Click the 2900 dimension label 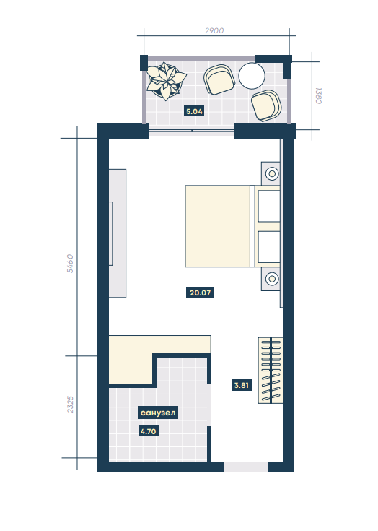(x=214, y=30)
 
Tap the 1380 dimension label (x=319, y=96)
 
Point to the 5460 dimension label (x=70, y=264)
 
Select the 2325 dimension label (x=70, y=405)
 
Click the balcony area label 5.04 (x=194, y=111)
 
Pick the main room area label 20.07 (x=200, y=293)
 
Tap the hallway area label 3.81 (x=242, y=385)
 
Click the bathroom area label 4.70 (x=149, y=431)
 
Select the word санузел (x=158, y=413)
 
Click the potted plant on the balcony (x=166, y=81)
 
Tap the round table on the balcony (x=252, y=76)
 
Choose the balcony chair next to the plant (x=219, y=79)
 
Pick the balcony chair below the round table (x=266, y=105)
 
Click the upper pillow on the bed (x=269, y=206)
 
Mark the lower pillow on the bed (x=269, y=247)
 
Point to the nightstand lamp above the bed (x=272, y=173)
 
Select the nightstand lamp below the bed (x=272, y=279)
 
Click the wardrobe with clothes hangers (x=271, y=370)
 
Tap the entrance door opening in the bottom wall (x=246, y=466)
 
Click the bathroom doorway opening (x=209, y=405)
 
